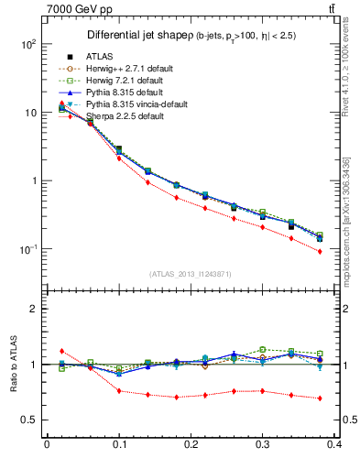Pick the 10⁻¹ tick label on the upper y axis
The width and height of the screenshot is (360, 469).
[x=27, y=249]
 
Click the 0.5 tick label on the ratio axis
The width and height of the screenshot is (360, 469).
[x=29, y=420]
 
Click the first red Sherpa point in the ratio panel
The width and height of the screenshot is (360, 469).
[x=61, y=351]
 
